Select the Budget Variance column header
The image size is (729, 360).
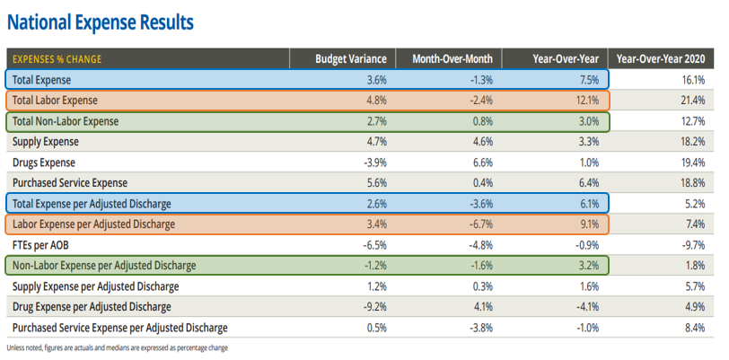(350, 59)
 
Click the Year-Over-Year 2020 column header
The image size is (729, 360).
(665, 59)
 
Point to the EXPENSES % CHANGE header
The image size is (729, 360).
(57, 59)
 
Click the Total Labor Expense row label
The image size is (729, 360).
(55, 100)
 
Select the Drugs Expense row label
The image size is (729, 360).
(44, 162)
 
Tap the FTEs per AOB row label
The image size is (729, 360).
(42, 244)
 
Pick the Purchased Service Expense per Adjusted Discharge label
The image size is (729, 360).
(119, 327)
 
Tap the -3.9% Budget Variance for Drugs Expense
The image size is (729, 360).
(374, 162)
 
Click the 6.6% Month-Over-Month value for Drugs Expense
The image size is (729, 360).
(483, 162)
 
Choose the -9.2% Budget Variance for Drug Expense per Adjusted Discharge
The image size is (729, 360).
(374, 306)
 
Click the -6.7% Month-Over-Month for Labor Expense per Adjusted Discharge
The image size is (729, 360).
(481, 224)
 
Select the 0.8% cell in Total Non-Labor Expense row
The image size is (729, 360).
(483, 120)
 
